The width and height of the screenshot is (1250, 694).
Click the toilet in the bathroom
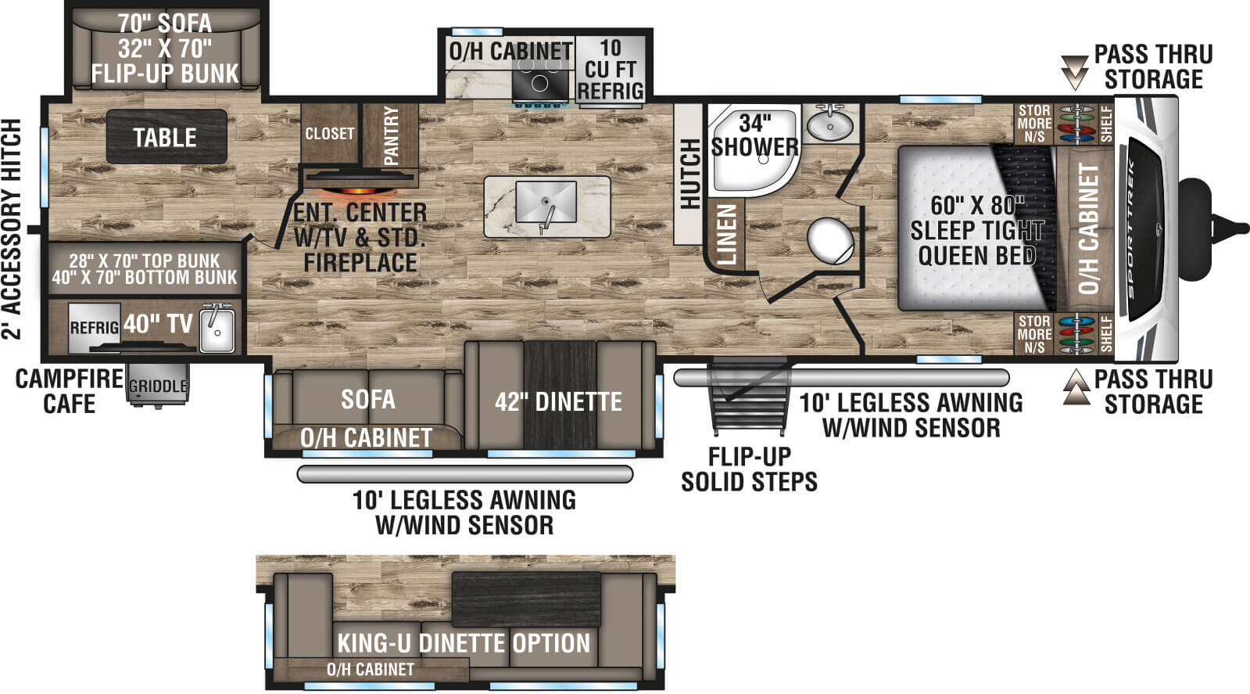(830, 240)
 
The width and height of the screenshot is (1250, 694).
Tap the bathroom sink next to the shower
(830, 123)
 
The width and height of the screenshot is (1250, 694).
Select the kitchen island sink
(546, 203)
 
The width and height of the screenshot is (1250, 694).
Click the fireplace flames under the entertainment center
(359, 190)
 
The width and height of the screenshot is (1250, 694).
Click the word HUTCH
(690, 174)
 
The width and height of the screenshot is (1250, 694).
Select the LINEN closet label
(727, 233)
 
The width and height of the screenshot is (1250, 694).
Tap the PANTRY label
(391, 135)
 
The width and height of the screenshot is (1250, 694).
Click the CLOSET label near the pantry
(329, 134)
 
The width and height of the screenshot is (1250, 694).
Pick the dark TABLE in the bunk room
(166, 138)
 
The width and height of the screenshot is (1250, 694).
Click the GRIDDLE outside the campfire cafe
(158, 385)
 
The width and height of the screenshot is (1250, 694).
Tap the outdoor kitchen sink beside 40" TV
(217, 329)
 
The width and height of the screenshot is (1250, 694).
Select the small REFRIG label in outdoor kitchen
(94, 328)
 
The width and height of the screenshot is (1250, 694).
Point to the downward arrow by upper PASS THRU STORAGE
(1075, 71)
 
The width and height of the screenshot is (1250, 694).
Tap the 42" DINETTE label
(558, 402)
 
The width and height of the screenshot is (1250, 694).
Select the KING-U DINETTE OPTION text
(464, 643)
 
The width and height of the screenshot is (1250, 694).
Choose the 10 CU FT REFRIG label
(611, 70)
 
